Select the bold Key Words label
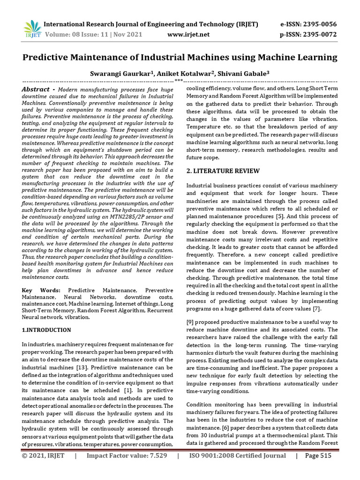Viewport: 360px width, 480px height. (x=41, y=291)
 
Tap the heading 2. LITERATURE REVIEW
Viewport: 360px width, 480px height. (x=218, y=172)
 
